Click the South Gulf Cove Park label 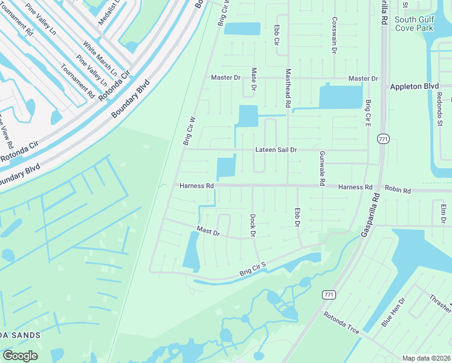pos(414,24)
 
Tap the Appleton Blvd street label pos(414,87)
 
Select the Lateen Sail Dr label pos(276,149)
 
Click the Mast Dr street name pos(208,231)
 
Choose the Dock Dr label pos(253,225)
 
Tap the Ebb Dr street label pos(297,218)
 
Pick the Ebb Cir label pos(276,34)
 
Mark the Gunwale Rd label pos(322,168)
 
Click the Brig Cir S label pos(253,269)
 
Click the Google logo pos(20,355)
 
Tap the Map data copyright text pos(427,358)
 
